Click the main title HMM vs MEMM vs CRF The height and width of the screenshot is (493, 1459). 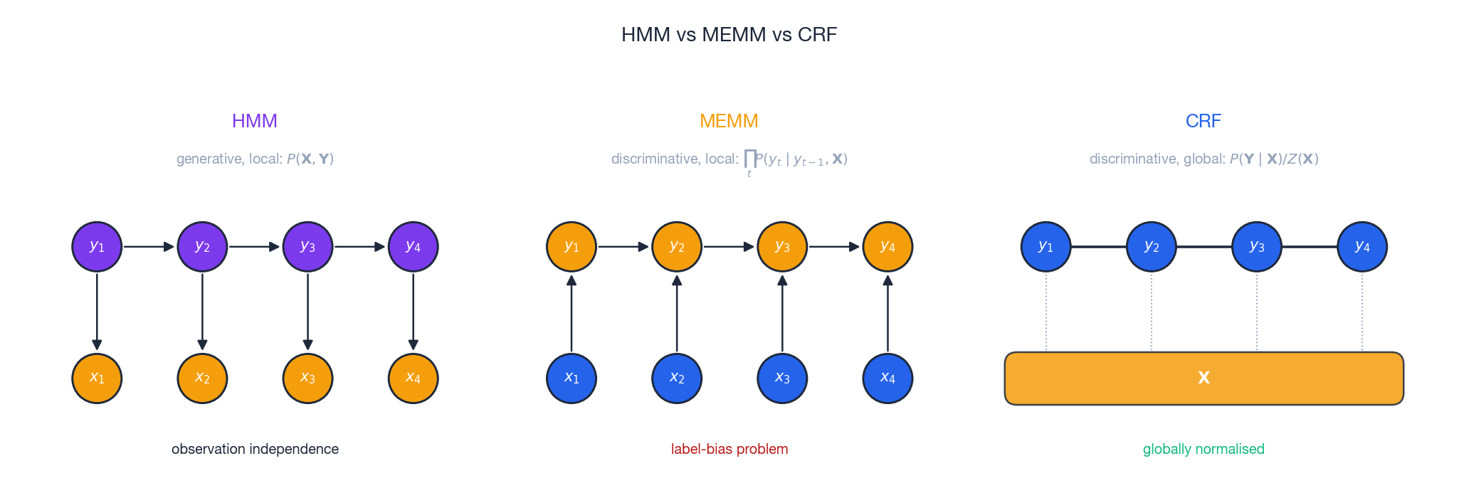point(729,34)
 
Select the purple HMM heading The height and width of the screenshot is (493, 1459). point(254,121)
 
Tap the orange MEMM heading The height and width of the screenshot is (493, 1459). point(729,121)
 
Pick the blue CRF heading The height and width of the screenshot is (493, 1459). point(1203,121)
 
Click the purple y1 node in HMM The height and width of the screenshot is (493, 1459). point(97,247)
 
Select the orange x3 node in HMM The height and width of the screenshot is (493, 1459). point(307,378)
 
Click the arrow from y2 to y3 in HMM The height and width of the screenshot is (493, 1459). point(254,247)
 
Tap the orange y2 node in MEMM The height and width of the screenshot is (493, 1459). point(677,247)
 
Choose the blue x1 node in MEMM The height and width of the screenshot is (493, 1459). point(572,378)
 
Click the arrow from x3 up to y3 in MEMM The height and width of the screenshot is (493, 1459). point(782,313)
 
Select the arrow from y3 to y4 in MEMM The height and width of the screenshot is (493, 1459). point(834,247)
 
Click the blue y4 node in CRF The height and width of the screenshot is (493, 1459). point(1362,247)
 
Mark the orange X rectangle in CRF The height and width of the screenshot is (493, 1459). point(1203,378)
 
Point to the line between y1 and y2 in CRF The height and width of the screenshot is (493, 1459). point(1098,247)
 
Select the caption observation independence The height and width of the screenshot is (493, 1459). point(255,449)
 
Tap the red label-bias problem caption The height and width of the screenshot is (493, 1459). point(729,449)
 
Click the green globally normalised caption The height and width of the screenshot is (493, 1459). point(1203,449)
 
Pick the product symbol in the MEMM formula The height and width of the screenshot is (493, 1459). point(749,158)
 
